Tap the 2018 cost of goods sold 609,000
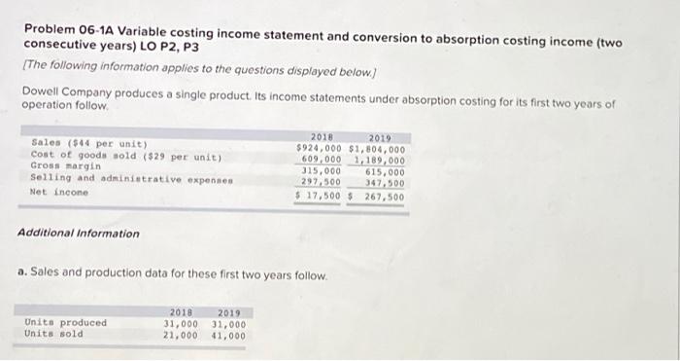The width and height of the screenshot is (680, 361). [x=322, y=160]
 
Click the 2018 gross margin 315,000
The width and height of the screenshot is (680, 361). [x=322, y=171]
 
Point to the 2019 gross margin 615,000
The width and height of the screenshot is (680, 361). [x=384, y=171]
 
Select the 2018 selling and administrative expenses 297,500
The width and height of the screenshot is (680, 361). [x=322, y=182]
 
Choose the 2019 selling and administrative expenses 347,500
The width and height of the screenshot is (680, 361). [x=384, y=182]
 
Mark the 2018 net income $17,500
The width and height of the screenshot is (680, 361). [x=320, y=196]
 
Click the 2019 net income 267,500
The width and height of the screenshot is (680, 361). [x=384, y=196]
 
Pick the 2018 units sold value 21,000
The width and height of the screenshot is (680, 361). [x=182, y=335]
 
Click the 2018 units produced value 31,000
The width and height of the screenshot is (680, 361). [x=182, y=324]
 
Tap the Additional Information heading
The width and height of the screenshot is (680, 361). [x=79, y=234]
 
